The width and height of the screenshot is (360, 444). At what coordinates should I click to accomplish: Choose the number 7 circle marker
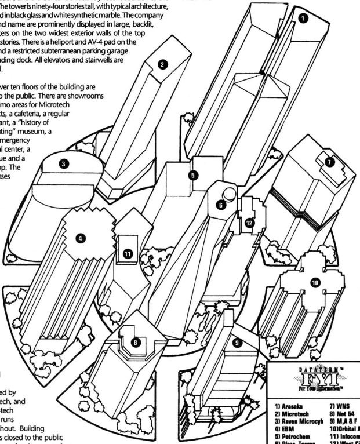coord(330,163)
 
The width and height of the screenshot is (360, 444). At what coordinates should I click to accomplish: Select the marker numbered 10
coord(315,282)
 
